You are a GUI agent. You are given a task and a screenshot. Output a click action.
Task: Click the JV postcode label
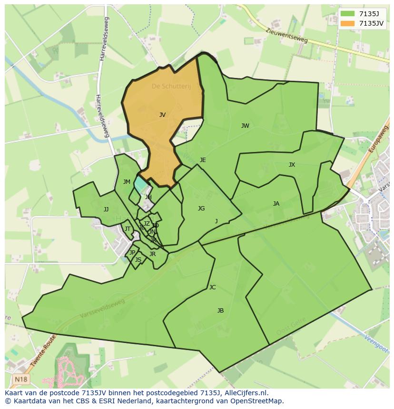(x=162, y=115)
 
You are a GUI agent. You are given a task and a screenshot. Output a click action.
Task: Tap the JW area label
(x=245, y=126)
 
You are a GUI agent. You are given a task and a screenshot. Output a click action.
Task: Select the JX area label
(x=292, y=165)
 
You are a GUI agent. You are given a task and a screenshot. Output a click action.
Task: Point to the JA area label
(x=276, y=204)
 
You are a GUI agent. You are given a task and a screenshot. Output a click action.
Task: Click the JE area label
(x=203, y=160)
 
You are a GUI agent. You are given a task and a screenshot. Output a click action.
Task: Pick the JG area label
(x=201, y=209)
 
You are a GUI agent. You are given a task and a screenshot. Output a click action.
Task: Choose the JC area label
(x=212, y=287)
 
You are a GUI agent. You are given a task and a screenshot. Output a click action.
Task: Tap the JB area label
(x=220, y=311)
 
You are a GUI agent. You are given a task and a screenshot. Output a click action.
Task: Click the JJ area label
(x=106, y=209)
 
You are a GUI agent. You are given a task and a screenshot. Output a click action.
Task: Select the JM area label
(x=127, y=182)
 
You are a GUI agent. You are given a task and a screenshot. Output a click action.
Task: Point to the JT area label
(x=128, y=229)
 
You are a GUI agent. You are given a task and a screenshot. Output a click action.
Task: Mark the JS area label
(x=138, y=260)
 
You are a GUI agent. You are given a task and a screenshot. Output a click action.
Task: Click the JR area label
(x=152, y=254)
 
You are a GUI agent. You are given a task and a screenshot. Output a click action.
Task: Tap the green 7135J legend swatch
(x=348, y=14)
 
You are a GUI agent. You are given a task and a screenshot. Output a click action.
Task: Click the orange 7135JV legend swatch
(x=348, y=23)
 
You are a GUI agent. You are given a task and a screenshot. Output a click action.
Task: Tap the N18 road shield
(x=20, y=379)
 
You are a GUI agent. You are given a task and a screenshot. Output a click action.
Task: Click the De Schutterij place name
(x=171, y=86)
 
